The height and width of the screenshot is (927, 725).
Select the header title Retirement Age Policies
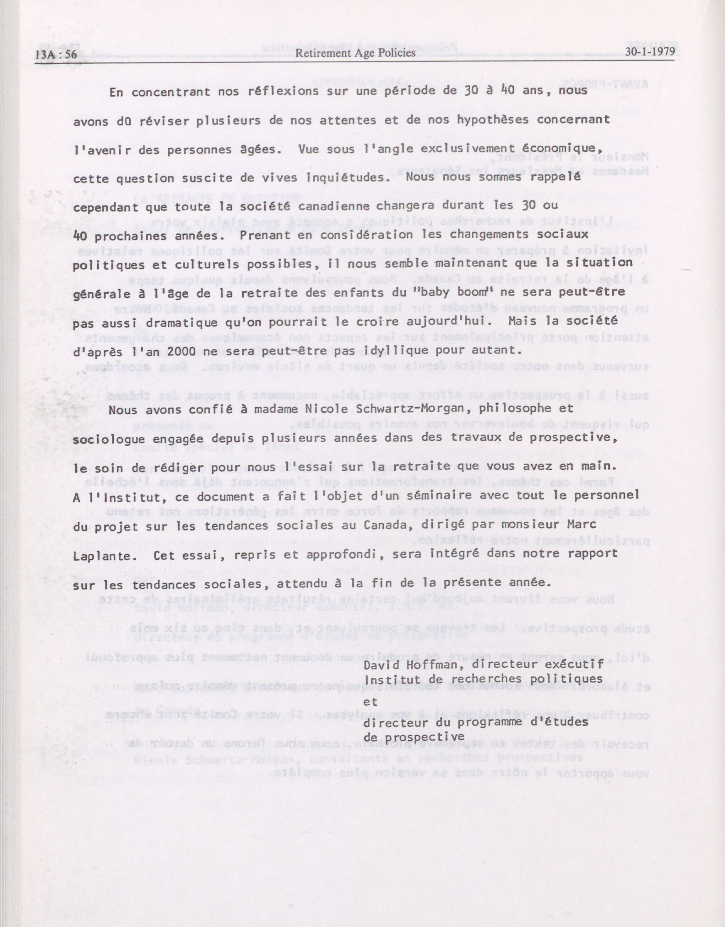click(x=355, y=53)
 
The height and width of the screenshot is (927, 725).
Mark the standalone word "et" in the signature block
click(x=371, y=702)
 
